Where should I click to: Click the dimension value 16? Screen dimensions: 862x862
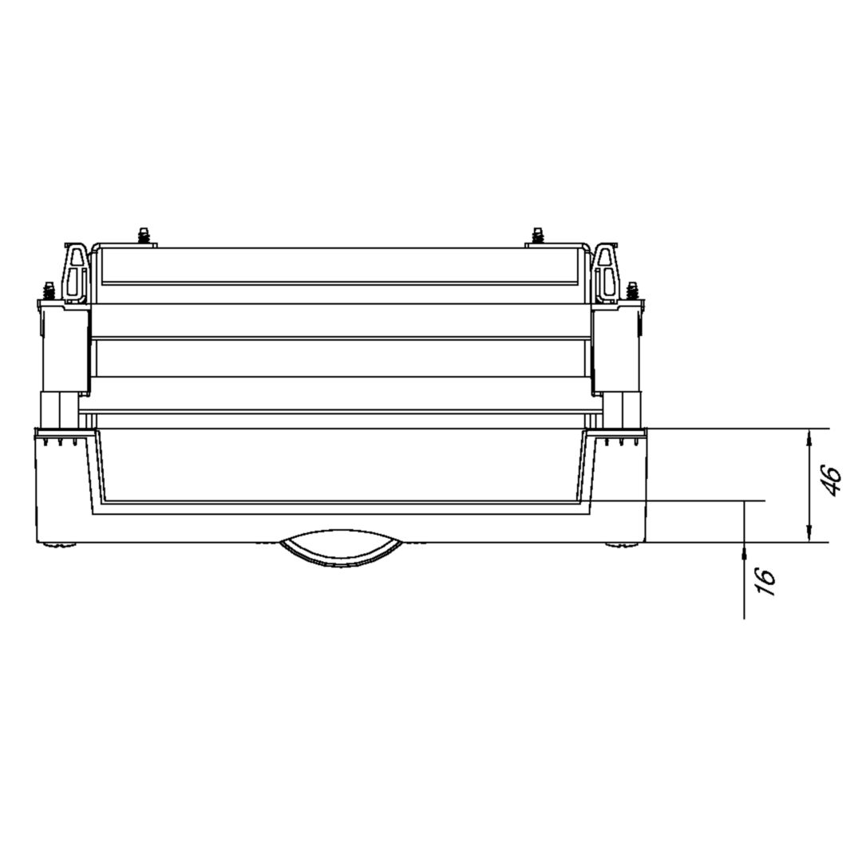tap(765, 581)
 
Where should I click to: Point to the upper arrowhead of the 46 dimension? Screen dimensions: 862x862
tap(809, 439)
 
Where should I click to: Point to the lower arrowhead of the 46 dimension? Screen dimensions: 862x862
tap(809, 532)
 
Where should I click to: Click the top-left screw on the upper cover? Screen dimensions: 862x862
tap(144, 235)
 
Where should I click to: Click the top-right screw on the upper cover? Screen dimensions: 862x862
tap(538, 235)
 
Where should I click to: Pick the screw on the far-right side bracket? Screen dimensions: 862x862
tap(632, 291)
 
